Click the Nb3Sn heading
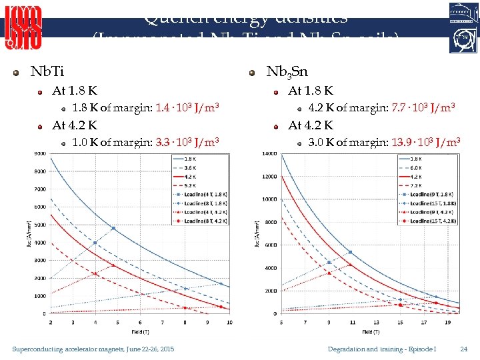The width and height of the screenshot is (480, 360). coord(287,71)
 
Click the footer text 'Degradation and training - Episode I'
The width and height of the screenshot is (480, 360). coord(382,349)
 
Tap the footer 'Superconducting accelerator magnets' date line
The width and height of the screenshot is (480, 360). coord(93,349)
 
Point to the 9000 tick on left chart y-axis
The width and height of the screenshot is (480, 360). coord(39,154)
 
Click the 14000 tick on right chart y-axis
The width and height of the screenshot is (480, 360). coord(269,154)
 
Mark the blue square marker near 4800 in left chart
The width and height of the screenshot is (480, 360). coord(113,229)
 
